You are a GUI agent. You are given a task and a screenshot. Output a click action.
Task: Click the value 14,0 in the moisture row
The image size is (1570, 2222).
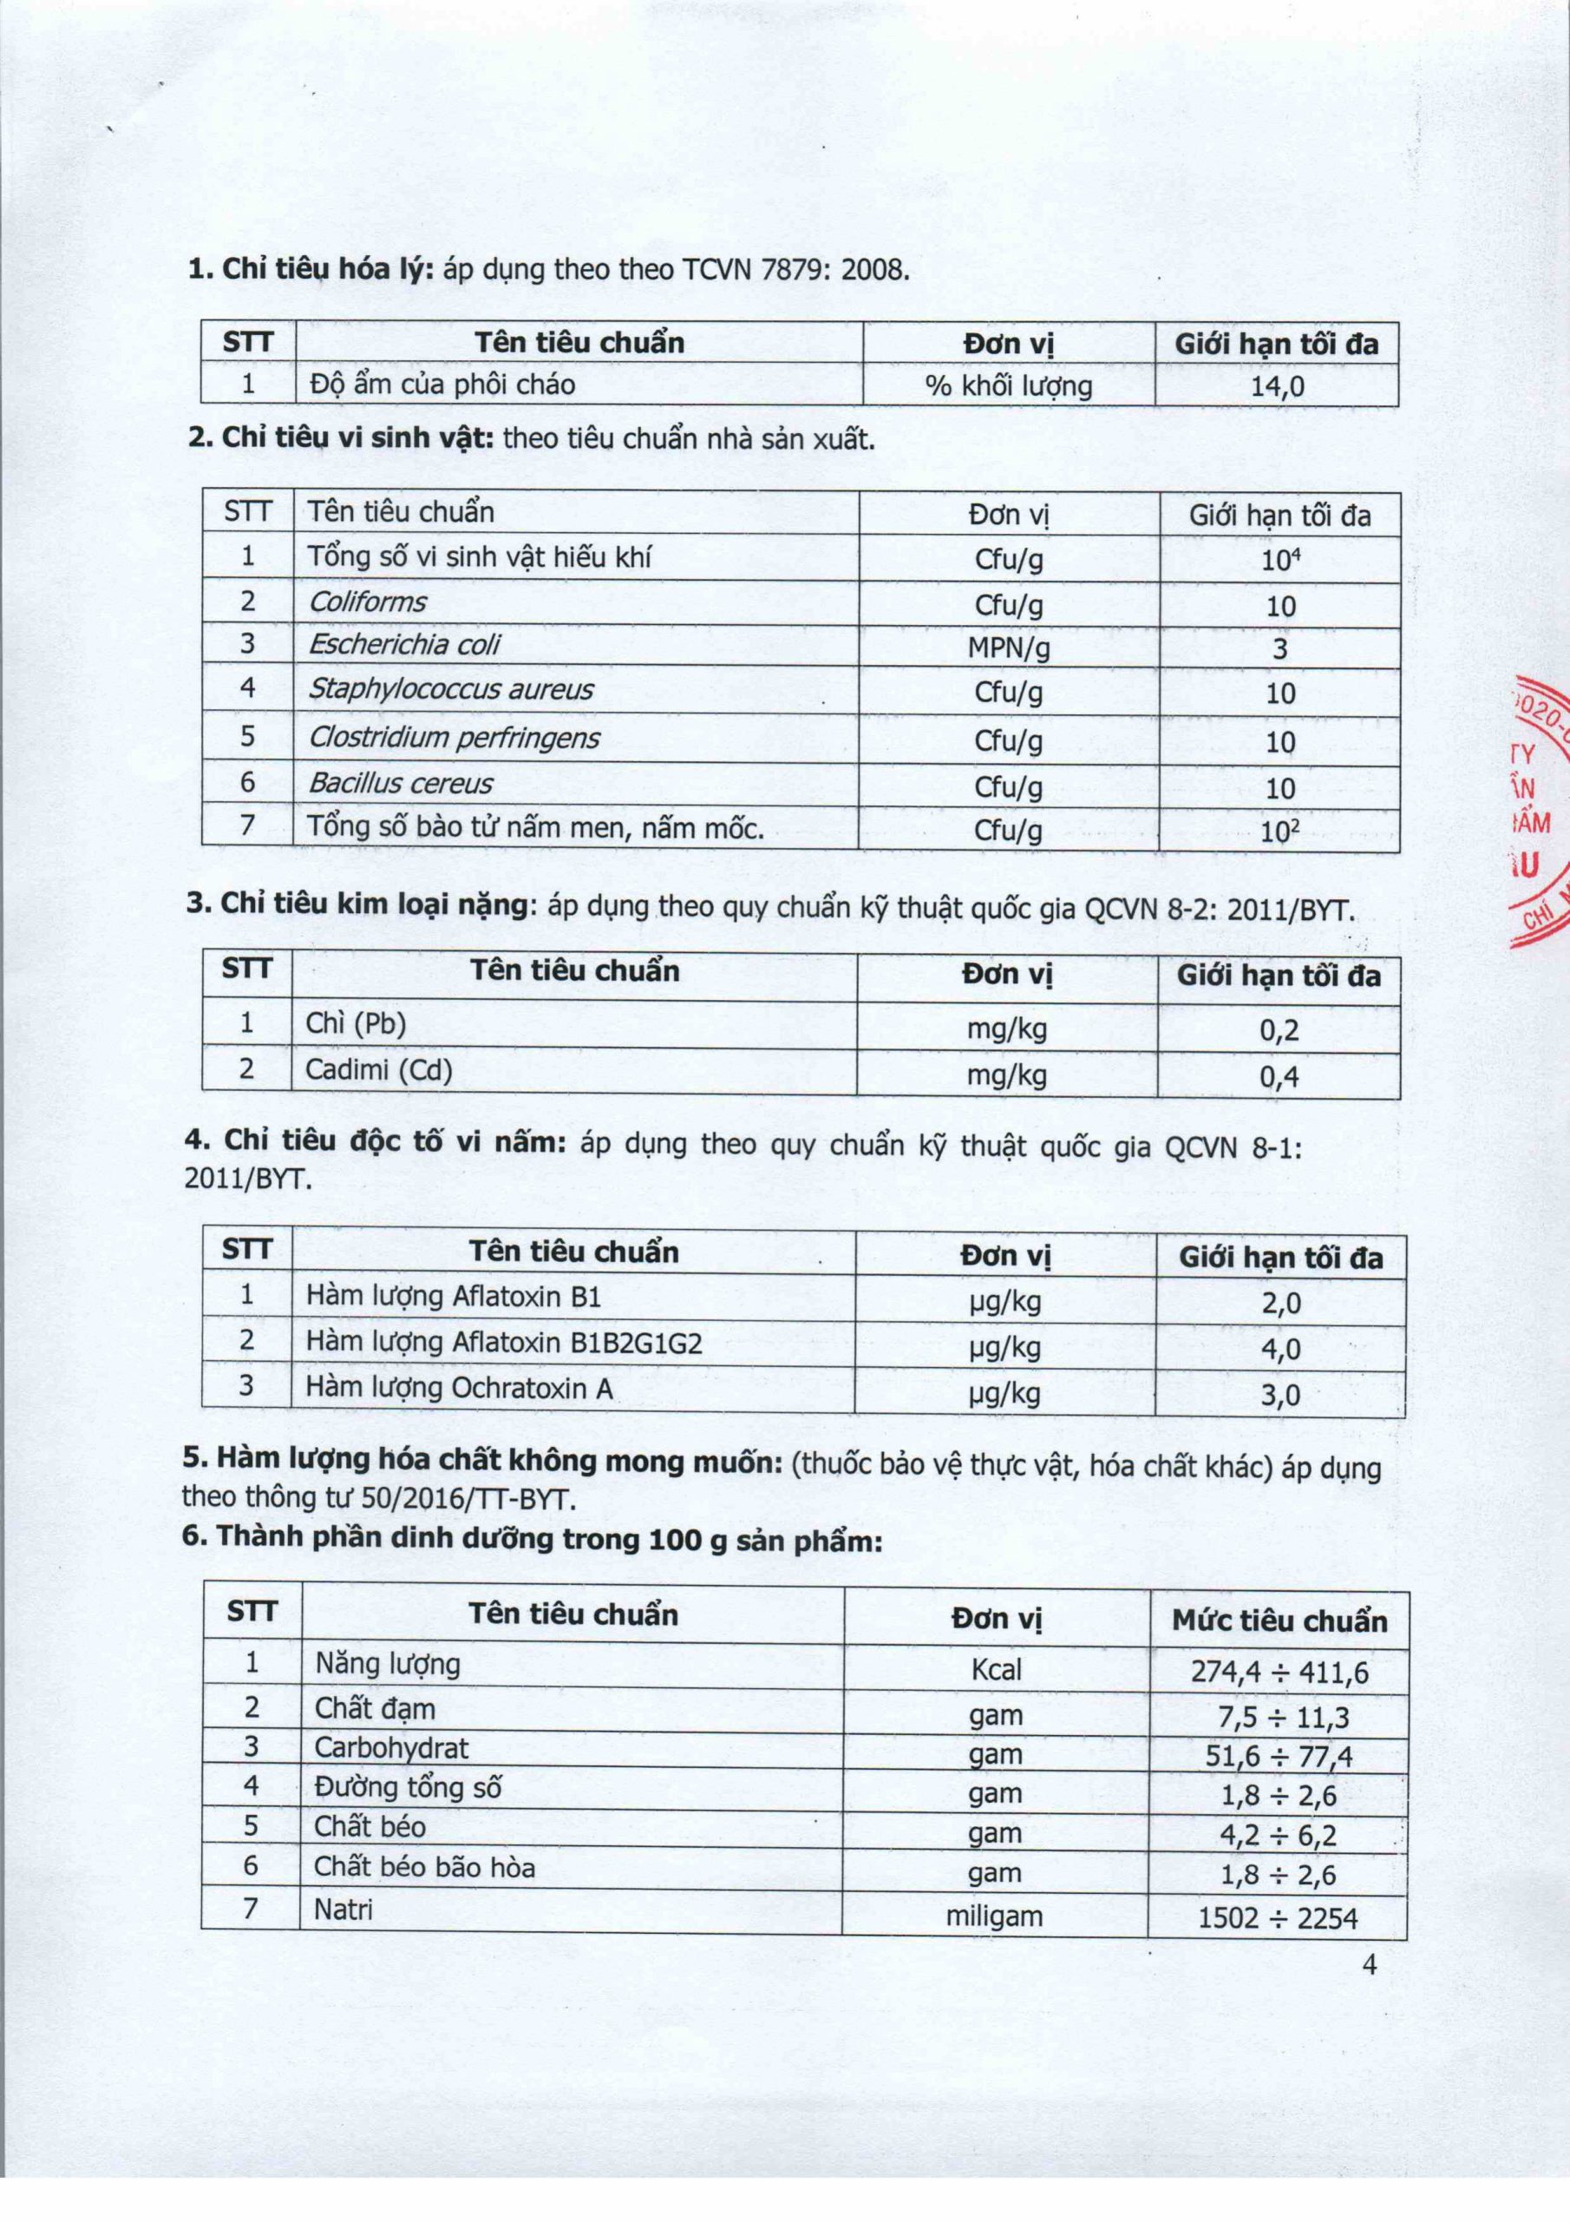1277,387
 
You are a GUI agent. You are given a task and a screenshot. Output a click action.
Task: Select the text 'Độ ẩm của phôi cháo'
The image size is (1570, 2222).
442,385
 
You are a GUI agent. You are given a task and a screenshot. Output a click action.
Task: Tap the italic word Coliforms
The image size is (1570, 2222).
367,602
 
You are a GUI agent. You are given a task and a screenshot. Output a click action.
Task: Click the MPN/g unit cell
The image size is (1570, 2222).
1008,648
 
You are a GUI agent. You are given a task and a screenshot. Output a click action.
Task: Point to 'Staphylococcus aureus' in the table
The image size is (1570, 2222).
450,689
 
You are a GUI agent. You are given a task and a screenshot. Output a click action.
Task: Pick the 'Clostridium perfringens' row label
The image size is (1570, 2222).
454,739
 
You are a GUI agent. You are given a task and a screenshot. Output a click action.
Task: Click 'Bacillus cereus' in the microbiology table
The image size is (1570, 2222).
401,783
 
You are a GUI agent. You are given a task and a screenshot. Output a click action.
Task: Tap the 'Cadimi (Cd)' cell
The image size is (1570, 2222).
378,1070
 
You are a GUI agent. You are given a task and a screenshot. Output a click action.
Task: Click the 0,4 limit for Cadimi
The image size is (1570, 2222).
1279,1077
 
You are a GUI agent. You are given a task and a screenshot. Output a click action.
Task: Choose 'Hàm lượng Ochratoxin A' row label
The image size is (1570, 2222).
459,1388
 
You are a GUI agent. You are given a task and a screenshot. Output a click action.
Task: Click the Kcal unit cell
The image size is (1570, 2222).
996,1669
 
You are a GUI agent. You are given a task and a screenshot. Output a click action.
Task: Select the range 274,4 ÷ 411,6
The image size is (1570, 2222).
1279,1672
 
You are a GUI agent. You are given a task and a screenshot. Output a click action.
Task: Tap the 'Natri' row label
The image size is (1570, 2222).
343,1910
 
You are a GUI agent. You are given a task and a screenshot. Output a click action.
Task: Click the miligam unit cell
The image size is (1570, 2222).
993,1916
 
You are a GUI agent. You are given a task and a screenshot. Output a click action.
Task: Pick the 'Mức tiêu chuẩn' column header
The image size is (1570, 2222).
1279,1621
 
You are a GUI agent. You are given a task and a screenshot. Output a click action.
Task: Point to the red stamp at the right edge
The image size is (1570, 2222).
1541,813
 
